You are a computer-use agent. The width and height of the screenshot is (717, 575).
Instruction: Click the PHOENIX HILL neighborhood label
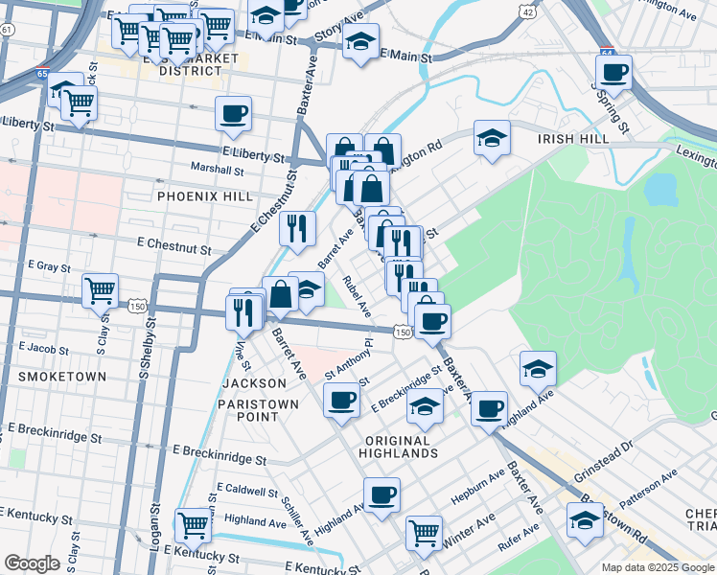click(x=204, y=196)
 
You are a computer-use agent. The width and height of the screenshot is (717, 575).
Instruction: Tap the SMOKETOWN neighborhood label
click(x=62, y=377)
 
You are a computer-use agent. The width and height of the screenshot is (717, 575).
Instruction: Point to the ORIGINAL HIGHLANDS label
click(x=401, y=447)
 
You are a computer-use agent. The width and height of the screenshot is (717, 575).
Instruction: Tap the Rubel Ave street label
click(x=358, y=296)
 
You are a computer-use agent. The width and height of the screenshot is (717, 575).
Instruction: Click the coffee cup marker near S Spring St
click(x=614, y=71)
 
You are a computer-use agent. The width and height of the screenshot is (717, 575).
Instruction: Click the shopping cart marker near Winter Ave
click(x=424, y=531)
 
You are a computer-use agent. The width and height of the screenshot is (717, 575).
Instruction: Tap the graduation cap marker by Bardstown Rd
click(x=584, y=520)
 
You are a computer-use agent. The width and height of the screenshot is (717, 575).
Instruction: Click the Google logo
click(x=32, y=563)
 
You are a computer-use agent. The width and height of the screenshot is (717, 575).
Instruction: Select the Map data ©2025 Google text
click(x=656, y=567)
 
